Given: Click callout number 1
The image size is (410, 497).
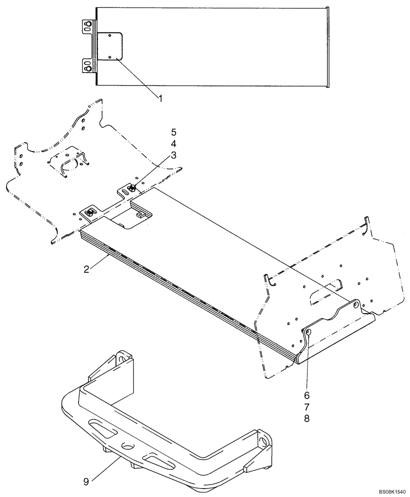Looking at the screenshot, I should coord(161,98).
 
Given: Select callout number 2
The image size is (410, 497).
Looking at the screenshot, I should coord(87,269).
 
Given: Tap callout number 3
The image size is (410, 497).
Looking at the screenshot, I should coord(173,155).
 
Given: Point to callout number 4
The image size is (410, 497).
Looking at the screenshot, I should coord(173,144).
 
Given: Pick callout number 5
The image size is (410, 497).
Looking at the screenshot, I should coord(173,132).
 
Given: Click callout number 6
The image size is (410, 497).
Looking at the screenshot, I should coord(307,396).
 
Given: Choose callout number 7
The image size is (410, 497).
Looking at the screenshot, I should coord(307,407).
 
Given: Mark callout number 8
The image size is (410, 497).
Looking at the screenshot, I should coord(307,418).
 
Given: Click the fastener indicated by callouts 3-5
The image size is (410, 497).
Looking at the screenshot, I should coord(133,188).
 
